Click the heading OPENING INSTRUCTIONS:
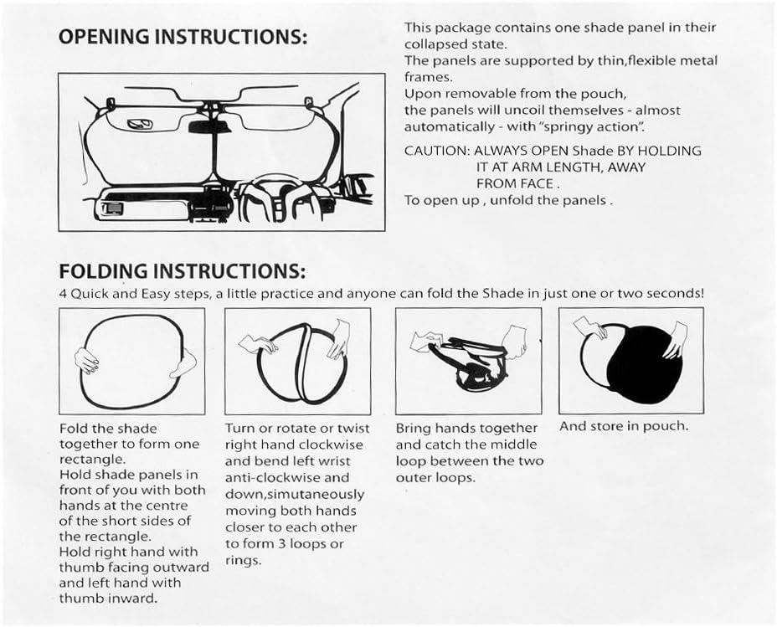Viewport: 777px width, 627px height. click(183, 37)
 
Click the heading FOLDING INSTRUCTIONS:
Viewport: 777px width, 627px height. click(182, 271)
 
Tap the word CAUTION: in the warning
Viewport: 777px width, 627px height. click(435, 151)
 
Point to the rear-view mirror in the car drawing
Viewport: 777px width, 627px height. click(209, 127)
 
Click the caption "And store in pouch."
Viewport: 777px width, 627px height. click(624, 426)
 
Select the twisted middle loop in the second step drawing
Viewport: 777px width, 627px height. click(303, 362)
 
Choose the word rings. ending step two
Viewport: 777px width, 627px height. click(243, 561)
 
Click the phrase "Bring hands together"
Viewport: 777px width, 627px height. click(466, 428)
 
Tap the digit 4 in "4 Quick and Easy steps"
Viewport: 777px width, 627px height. click(63, 294)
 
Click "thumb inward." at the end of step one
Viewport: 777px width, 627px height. click(108, 599)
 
